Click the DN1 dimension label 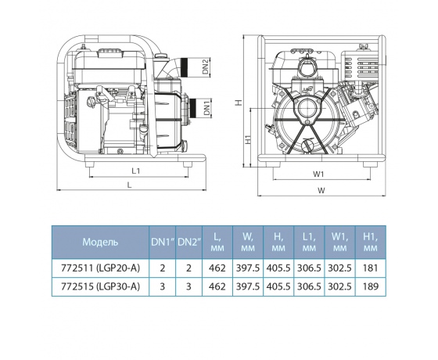pyautogui.click(x=206, y=108)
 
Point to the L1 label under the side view pyautogui.click(x=136, y=171)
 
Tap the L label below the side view pyautogui.click(x=129, y=185)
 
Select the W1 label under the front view pyautogui.click(x=318, y=174)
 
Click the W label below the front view pyautogui.click(x=321, y=190)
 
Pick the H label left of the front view pyautogui.click(x=238, y=103)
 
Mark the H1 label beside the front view pyautogui.click(x=248, y=139)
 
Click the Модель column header pyautogui.click(x=100, y=242)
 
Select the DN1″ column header pyautogui.click(x=163, y=242)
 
